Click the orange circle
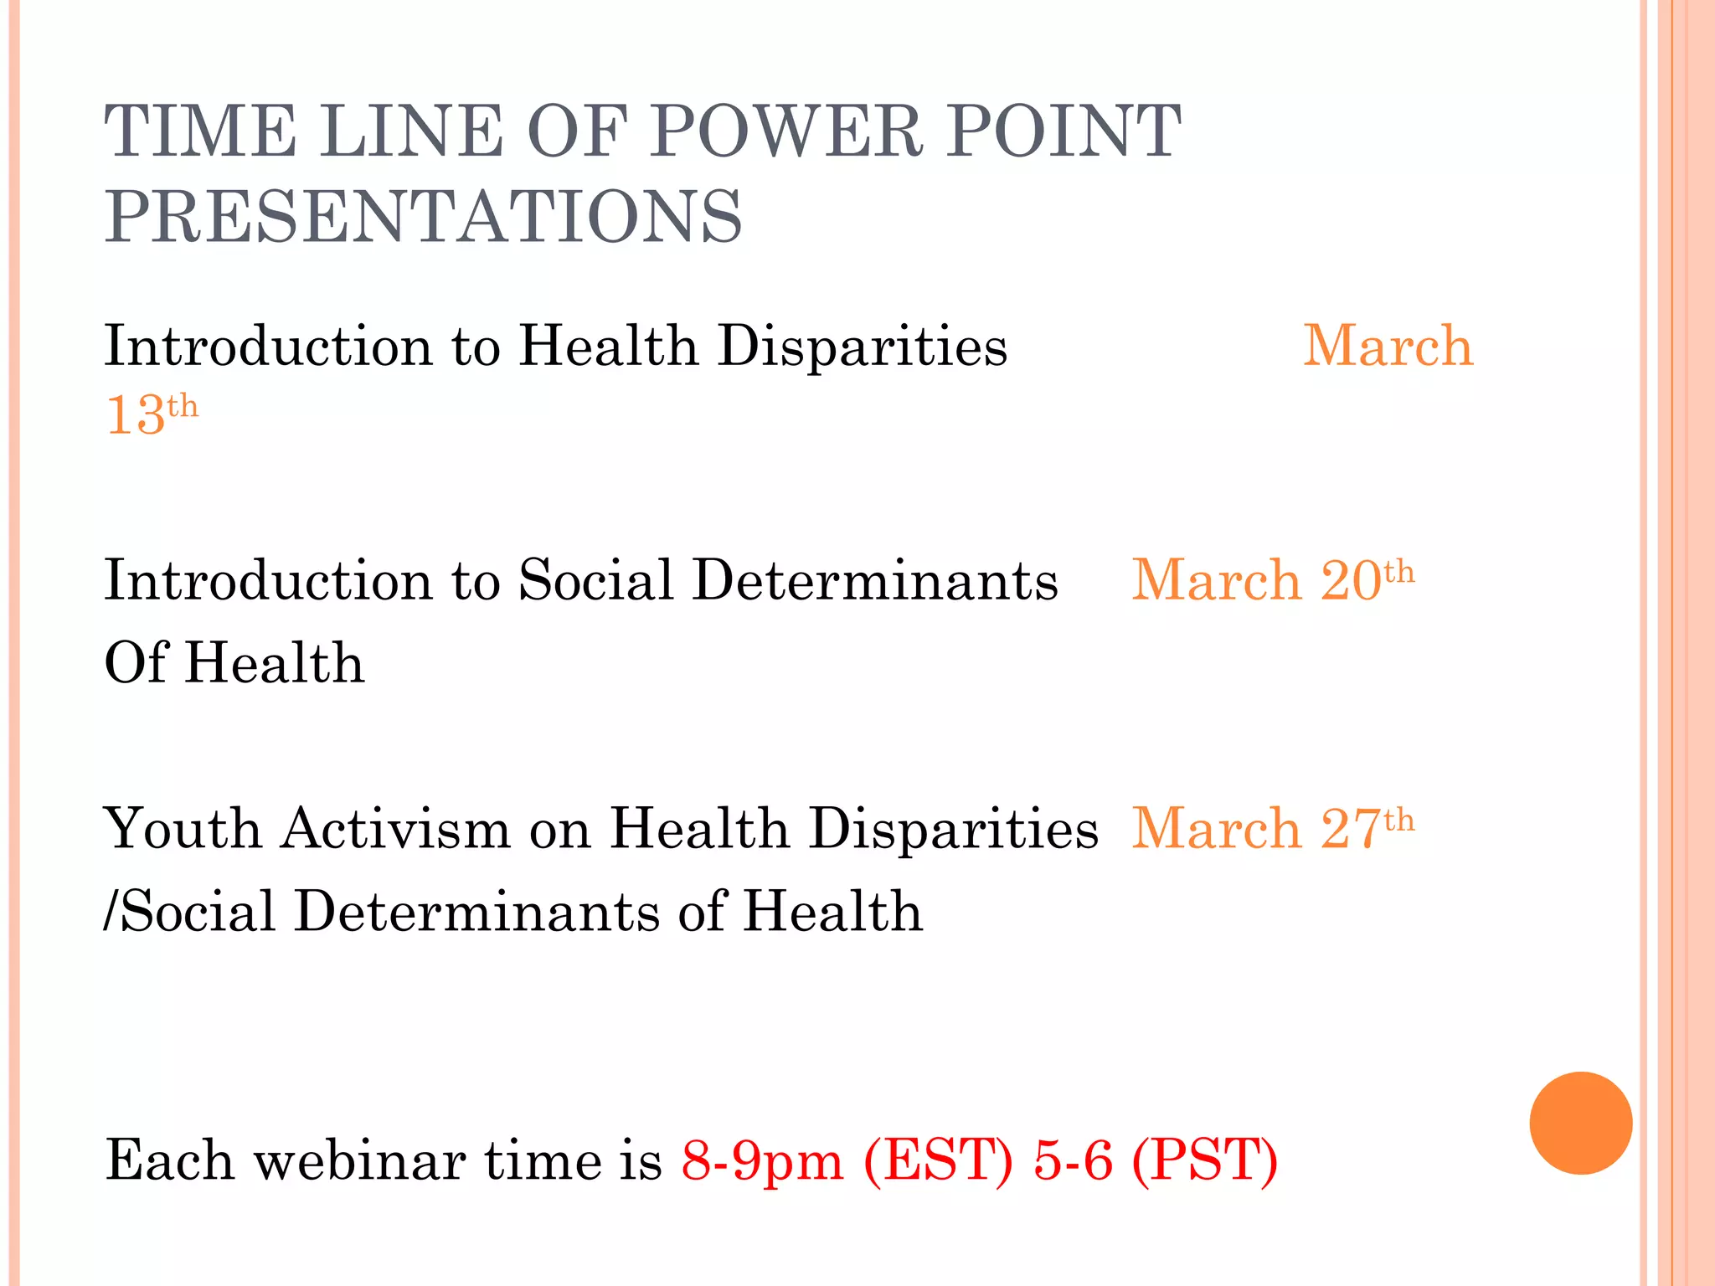[x=1580, y=1123]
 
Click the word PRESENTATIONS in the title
[x=424, y=217]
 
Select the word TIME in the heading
[x=200, y=131]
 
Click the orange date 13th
[x=152, y=414]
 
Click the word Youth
[x=183, y=828]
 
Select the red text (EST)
[x=938, y=1160]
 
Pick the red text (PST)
[x=1204, y=1160]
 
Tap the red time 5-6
[x=1073, y=1160]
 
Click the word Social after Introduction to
[x=595, y=579]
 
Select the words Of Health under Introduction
[x=234, y=662]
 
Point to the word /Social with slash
[x=189, y=911]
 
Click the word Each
[x=170, y=1160]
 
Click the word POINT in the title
[x=1064, y=131]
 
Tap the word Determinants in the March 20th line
[x=875, y=579]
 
